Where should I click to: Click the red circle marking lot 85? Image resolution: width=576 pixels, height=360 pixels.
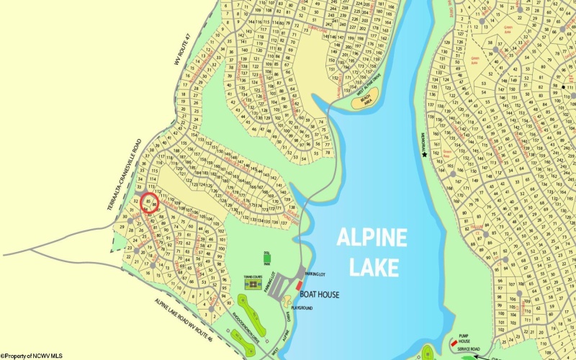pyautogui.click(x=149, y=202)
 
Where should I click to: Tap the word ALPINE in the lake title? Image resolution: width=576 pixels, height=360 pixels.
pyautogui.click(x=372, y=238)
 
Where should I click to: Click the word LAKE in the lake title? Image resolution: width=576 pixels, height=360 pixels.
pyautogui.click(x=374, y=266)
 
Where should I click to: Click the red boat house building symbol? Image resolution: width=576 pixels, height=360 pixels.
pyautogui.click(x=299, y=286)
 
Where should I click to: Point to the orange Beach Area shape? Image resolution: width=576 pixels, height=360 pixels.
pyautogui.click(x=366, y=102)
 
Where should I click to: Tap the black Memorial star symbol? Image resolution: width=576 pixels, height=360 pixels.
pyautogui.click(x=425, y=154)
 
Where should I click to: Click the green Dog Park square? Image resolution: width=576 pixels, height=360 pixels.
pyautogui.click(x=266, y=257)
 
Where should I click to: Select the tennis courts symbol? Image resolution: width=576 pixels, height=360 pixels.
pyautogui.click(x=252, y=285)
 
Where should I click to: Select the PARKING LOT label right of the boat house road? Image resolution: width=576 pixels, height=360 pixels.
pyautogui.click(x=315, y=274)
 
